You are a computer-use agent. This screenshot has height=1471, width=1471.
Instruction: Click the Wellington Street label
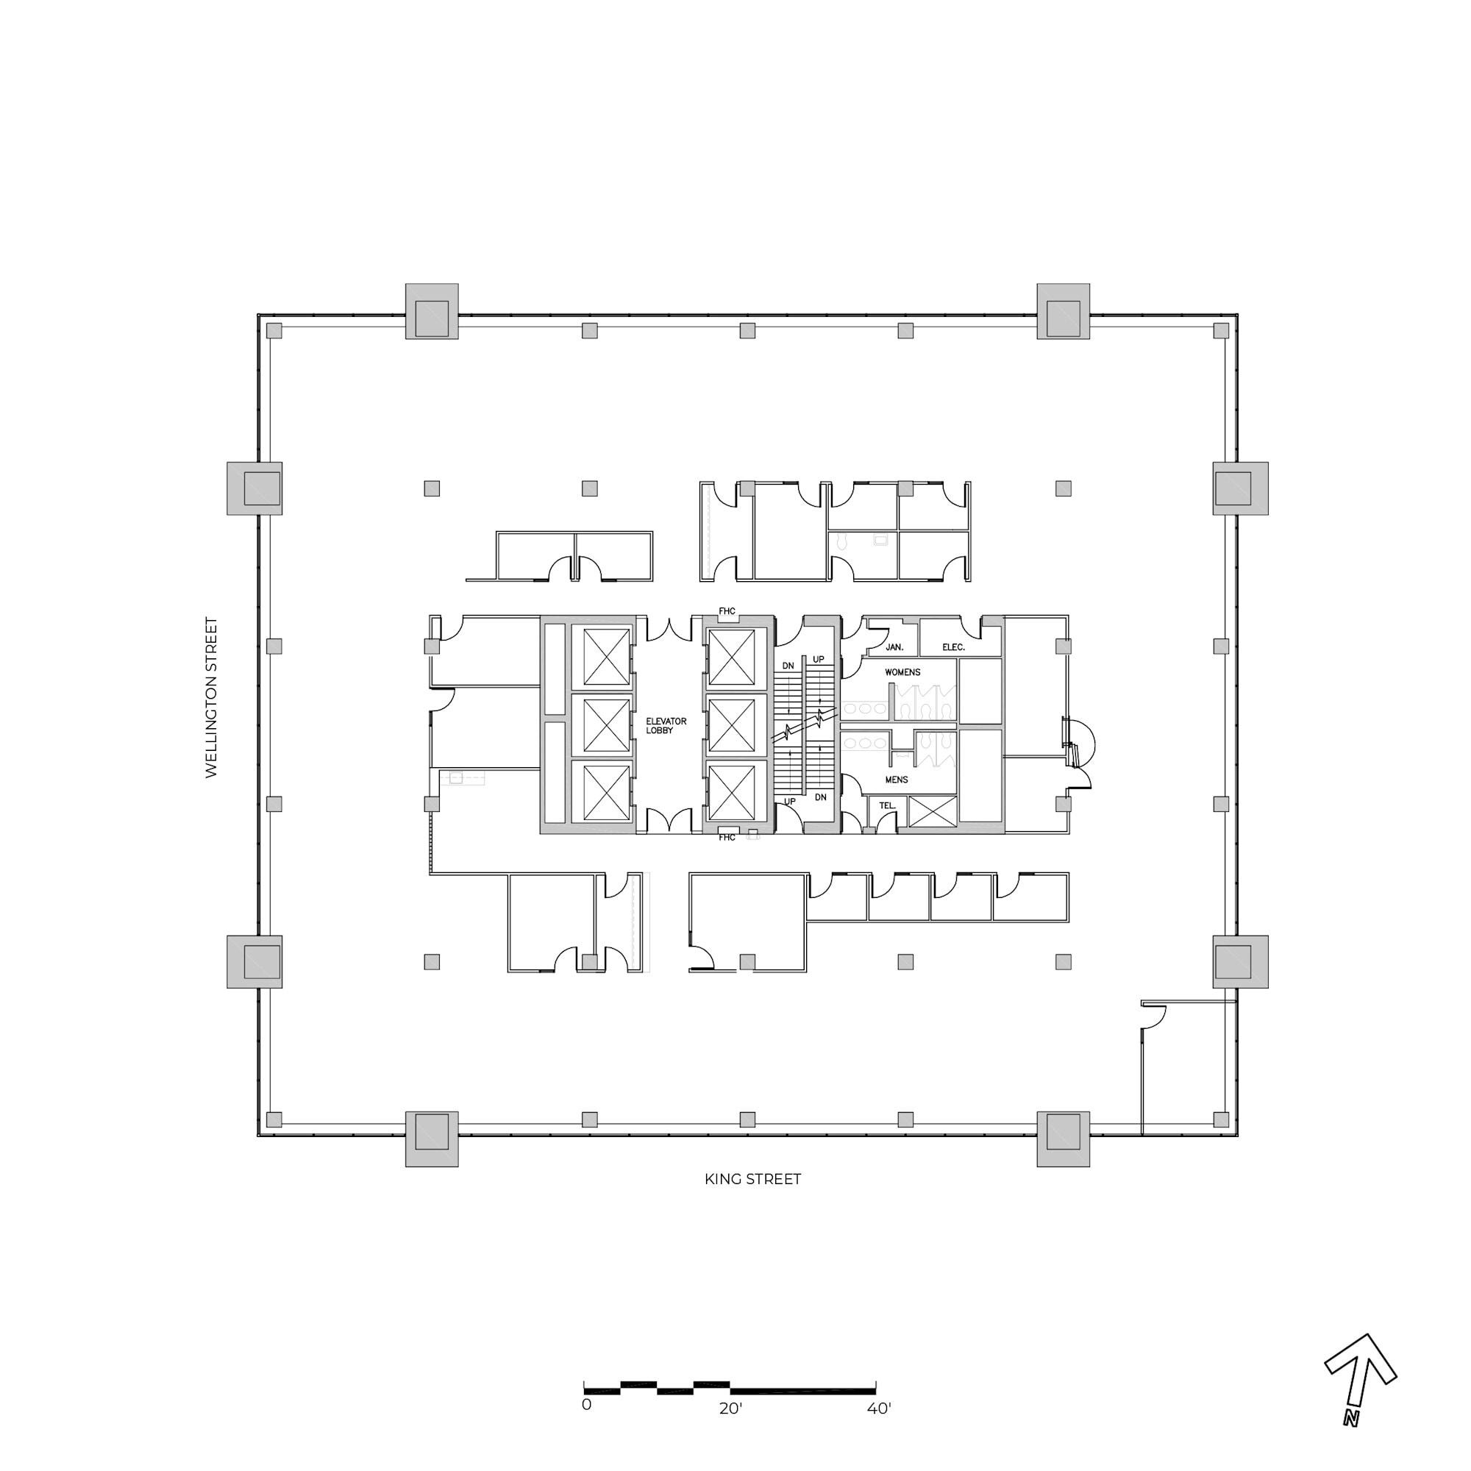[212, 697]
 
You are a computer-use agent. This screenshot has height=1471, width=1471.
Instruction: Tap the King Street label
[752, 1180]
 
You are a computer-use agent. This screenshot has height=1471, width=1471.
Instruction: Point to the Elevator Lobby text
[666, 726]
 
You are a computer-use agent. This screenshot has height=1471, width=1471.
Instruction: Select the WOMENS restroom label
[902, 672]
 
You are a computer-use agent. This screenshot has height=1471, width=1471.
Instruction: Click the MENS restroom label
[896, 780]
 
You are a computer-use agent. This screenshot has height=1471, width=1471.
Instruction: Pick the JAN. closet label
[894, 647]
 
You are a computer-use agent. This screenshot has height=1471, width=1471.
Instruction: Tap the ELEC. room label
[953, 647]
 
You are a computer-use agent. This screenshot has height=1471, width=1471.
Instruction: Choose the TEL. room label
[887, 805]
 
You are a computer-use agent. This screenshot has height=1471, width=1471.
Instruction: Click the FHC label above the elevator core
[727, 611]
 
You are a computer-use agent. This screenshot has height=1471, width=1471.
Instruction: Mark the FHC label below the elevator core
[727, 838]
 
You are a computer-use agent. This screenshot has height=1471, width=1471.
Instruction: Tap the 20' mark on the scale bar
[730, 1409]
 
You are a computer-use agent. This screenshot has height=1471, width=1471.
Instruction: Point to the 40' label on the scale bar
[879, 1409]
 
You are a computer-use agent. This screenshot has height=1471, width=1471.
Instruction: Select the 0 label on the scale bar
[586, 1405]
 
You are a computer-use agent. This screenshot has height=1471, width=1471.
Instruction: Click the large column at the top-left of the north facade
[432, 311]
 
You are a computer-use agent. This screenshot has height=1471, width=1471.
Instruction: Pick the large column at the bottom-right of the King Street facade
[1063, 1139]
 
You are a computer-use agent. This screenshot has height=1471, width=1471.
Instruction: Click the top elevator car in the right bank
[731, 657]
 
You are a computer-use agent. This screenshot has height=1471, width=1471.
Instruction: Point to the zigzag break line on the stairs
[805, 726]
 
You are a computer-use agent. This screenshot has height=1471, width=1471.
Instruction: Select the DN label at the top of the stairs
[788, 666]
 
